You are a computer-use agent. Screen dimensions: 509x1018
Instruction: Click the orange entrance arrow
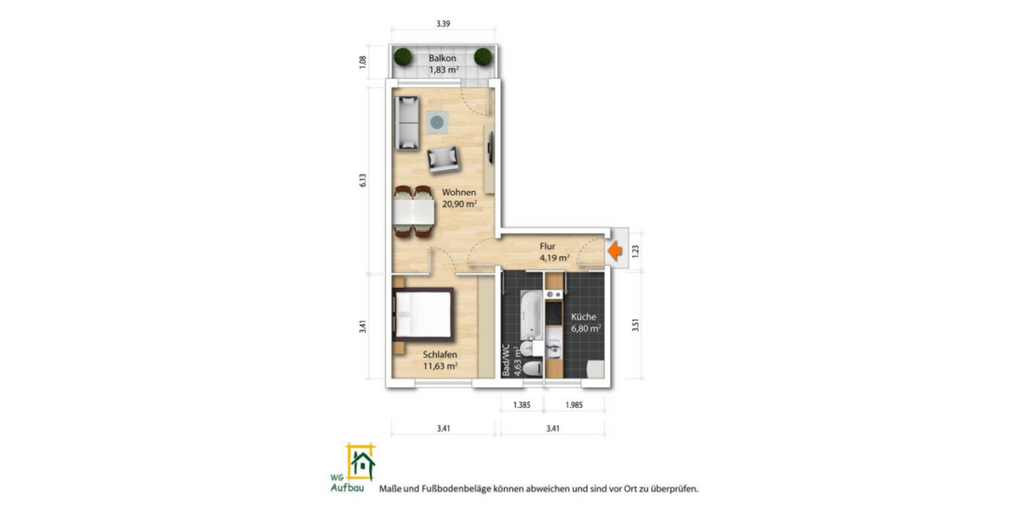coord(614,251)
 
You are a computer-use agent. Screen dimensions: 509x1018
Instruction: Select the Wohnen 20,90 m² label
coord(459,198)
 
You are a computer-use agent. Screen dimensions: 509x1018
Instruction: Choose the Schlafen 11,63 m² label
coord(440,360)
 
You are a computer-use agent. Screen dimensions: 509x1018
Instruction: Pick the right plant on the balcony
coord(483,58)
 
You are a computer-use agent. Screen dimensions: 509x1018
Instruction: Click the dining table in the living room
coord(413,209)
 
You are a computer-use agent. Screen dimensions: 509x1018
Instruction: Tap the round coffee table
coord(436,122)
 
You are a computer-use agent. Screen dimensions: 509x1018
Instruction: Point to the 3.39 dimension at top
coord(443,25)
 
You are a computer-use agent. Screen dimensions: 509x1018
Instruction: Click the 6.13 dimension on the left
coord(362,180)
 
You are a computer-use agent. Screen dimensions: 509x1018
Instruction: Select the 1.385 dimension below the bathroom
coord(522,405)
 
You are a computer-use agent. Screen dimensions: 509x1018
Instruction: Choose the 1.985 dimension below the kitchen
coord(574,405)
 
